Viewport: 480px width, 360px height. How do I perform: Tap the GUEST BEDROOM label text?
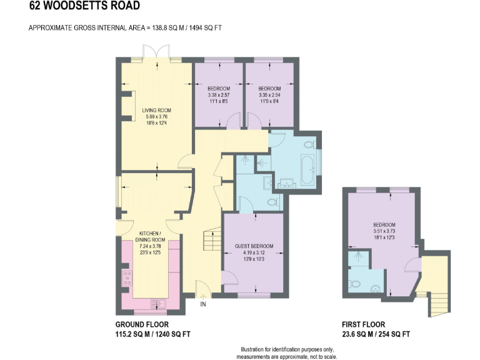click(254, 246)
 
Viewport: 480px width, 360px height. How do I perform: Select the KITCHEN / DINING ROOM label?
click(150, 236)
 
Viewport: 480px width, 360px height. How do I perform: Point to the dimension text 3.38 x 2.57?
click(219, 95)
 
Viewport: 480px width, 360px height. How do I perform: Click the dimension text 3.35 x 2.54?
click(269, 95)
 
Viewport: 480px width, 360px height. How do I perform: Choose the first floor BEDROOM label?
click(384, 225)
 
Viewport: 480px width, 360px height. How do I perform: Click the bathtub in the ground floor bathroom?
click(307, 169)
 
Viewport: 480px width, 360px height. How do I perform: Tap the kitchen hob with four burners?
click(127, 277)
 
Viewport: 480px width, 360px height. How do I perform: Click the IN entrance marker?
click(202, 304)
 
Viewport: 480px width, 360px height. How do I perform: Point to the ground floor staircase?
click(213, 240)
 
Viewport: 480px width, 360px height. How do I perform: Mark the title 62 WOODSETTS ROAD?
click(76, 7)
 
